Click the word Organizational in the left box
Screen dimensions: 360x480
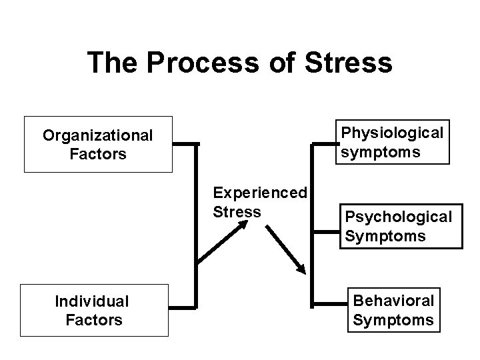[x=98, y=136]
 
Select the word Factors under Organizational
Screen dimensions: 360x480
[x=98, y=154]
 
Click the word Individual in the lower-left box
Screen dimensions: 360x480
[x=92, y=302]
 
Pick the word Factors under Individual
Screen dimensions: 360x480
[x=94, y=320]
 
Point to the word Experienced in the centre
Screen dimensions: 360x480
[x=259, y=193]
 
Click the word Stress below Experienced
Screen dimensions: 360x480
[x=237, y=211]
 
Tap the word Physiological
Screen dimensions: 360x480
[x=392, y=133]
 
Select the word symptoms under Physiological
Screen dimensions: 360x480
[x=381, y=152]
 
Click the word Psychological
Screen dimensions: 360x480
[x=398, y=217]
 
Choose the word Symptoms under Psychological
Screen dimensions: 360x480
[x=385, y=235]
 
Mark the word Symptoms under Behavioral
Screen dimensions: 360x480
[x=393, y=320]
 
